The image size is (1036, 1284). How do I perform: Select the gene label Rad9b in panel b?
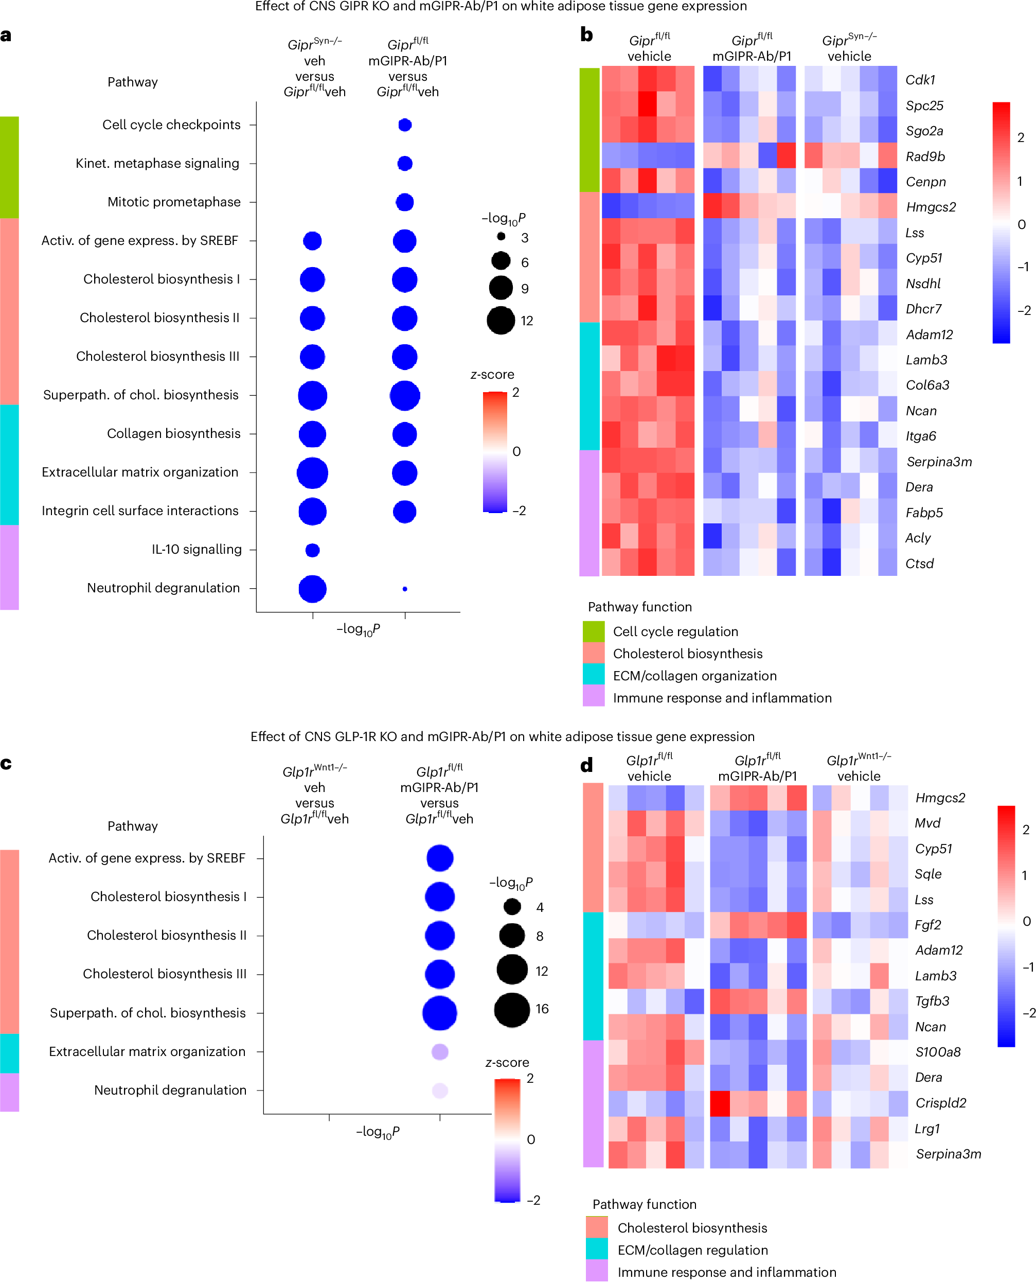[925, 156]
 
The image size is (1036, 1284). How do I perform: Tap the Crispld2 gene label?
[940, 1102]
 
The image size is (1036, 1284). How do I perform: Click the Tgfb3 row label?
[932, 1000]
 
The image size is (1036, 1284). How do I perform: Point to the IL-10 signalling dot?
[312, 550]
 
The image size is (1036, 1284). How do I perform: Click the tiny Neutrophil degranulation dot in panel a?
[405, 589]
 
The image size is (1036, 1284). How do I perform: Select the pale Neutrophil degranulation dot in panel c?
[440, 1090]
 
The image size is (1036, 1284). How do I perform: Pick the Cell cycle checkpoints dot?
[405, 125]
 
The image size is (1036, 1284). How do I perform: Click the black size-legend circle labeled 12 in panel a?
[500, 321]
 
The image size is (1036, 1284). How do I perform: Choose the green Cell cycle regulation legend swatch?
[593, 631]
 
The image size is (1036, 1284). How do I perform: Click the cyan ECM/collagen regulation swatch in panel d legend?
[597, 1250]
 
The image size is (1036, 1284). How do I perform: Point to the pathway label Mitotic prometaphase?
[174, 202]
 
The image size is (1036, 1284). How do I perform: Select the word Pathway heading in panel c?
[133, 825]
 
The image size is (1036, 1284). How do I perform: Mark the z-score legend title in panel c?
[507, 1062]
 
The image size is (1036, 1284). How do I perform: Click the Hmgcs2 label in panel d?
[940, 798]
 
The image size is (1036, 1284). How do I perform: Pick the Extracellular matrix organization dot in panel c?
[440, 1051]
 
